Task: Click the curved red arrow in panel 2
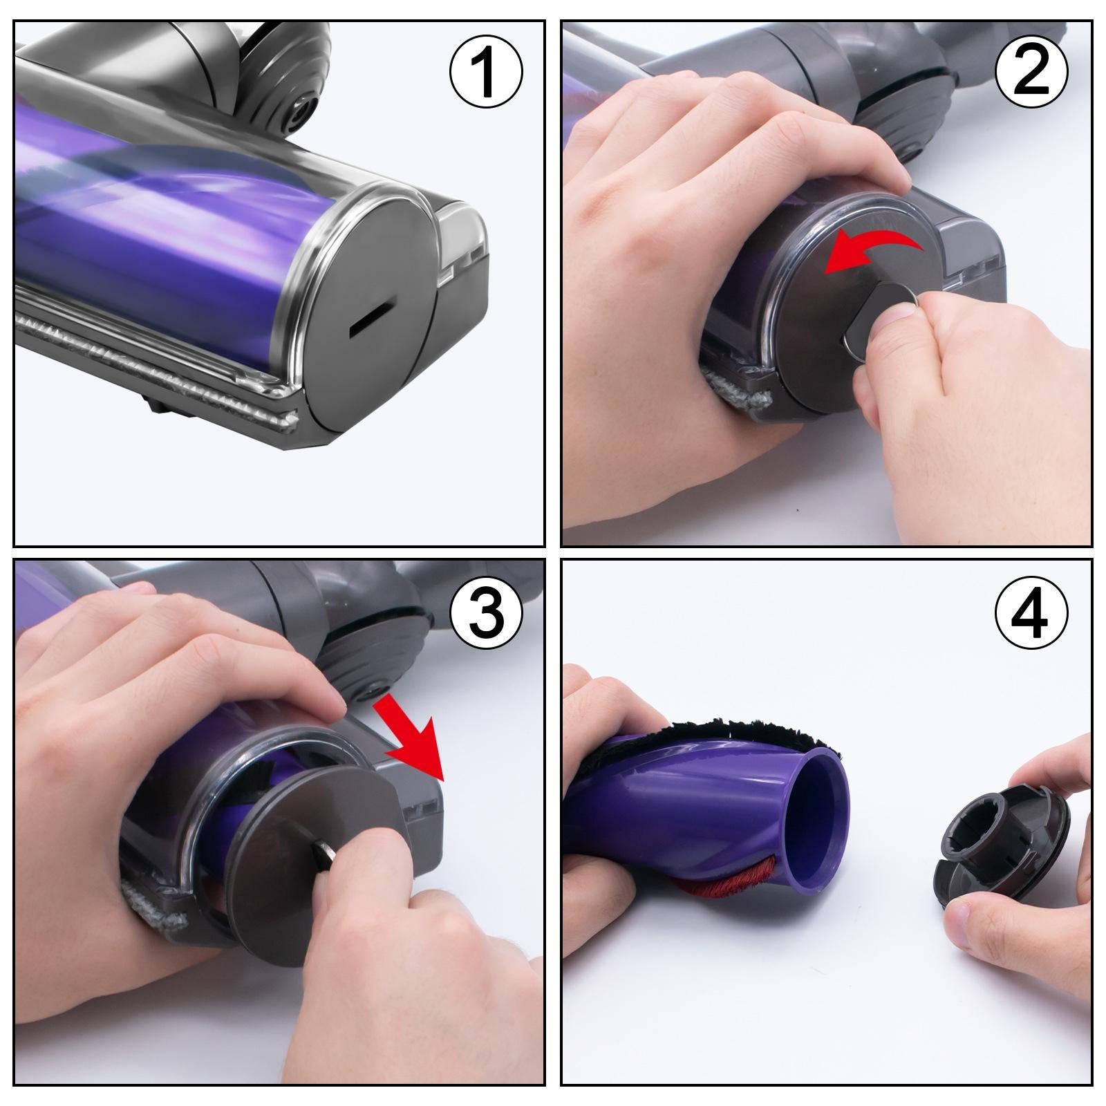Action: (874, 254)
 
